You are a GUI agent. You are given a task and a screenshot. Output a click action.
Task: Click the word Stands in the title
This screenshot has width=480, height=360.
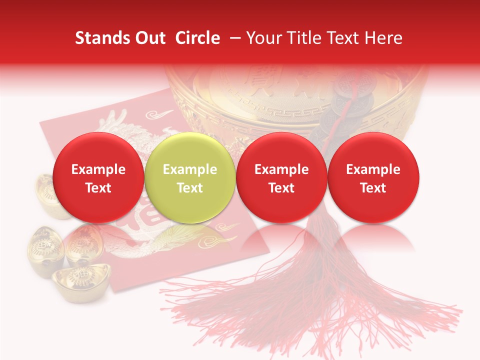point(102,38)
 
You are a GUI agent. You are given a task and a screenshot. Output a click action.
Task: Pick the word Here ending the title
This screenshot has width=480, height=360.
point(383,38)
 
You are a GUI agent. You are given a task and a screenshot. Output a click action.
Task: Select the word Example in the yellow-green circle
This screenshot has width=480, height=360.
point(190,169)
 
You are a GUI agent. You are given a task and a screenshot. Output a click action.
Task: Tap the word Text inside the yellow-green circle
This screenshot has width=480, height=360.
point(190,188)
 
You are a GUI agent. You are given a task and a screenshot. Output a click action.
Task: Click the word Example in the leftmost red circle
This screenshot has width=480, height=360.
point(98,169)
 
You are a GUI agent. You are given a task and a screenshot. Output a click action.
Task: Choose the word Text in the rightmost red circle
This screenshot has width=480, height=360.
point(373,188)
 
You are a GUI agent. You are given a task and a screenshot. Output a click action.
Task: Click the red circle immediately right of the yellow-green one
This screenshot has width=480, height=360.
point(281,177)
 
